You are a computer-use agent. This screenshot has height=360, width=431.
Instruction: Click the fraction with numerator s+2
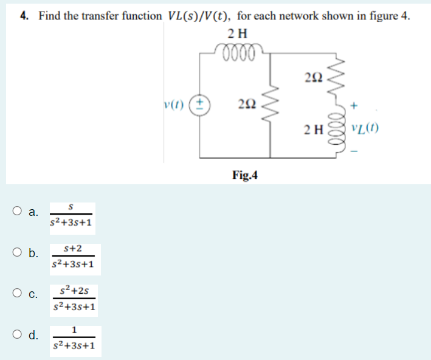(72, 257)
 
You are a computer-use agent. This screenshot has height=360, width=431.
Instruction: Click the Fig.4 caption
(245, 176)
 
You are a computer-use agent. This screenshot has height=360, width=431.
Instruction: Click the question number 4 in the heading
(24, 16)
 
